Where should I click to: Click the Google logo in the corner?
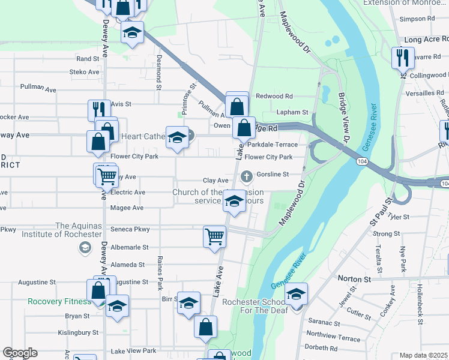(x=20, y=353)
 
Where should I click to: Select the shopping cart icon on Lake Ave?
(x=214, y=236)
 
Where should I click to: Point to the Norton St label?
(x=354, y=278)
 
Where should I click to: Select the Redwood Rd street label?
(x=274, y=96)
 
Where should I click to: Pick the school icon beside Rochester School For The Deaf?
(x=296, y=294)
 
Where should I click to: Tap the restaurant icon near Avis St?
(x=99, y=110)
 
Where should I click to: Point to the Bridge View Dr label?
(x=343, y=117)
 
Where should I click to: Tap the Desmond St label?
(x=159, y=72)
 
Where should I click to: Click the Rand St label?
(x=87, y=59)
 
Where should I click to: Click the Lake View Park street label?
(x=133, y=350)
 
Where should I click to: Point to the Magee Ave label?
(x=127, y=208)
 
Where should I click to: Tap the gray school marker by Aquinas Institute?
(x=85, y=247)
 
